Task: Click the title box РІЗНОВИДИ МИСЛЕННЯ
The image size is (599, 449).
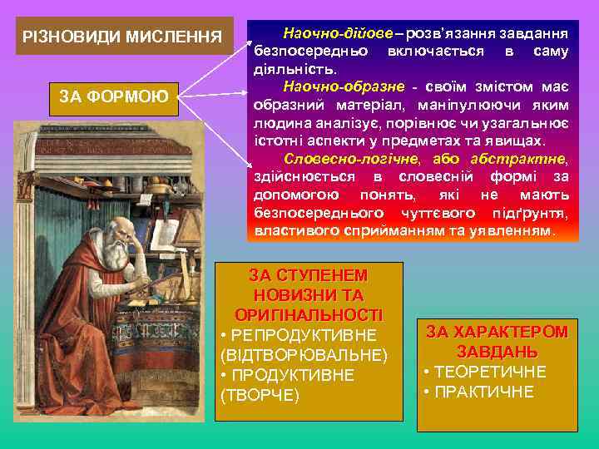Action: point(122,37)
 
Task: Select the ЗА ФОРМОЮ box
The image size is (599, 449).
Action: point(114,98)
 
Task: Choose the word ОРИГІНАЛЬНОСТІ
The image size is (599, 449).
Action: point(309,314)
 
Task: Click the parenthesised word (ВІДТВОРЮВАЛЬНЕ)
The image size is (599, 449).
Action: point(303,355)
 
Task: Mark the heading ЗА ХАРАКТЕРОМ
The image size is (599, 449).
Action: point(497,332)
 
